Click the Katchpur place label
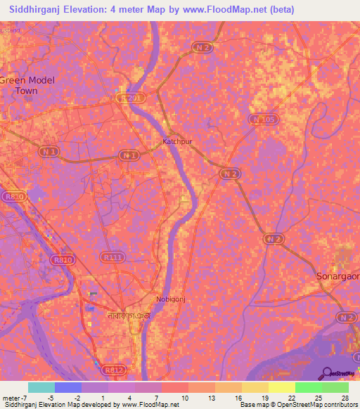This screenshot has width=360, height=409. (x=177, y=141)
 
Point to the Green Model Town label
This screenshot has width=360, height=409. (x=27, y=85)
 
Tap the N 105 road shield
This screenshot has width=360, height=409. (x=263, y=120)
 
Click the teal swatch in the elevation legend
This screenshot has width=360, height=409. (x=41, y=387)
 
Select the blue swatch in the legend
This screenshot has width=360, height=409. (x=67, y=387)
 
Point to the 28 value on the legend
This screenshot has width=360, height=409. (x=344, y=398)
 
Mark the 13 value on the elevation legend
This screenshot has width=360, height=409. (x=210, y=398)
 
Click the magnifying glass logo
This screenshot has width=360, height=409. (x=327, y=374)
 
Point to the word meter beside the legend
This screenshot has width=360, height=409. (x=13, y=398)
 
